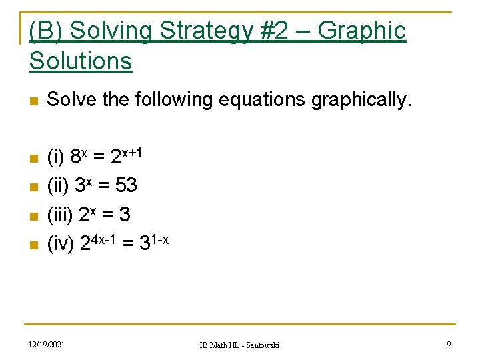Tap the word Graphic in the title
pos(361,31)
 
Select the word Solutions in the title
pos(81,61)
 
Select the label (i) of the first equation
pos(56,157)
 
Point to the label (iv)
pos(61,245)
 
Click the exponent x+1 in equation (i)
pos(132,152)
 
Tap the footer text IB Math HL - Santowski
pos(239,345)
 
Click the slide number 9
pos(449,344)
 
